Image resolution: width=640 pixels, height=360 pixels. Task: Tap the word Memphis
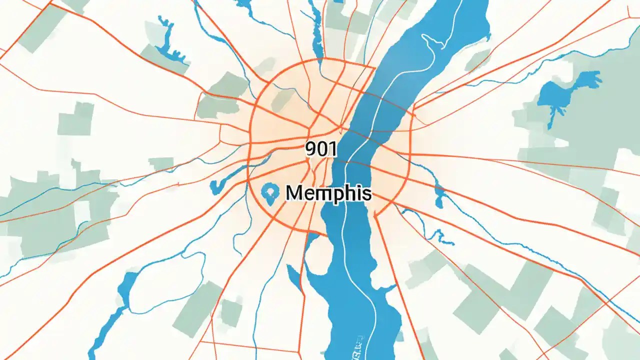click(x=328, y=192)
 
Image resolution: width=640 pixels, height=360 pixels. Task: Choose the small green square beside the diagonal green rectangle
click(x=230, y=312)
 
